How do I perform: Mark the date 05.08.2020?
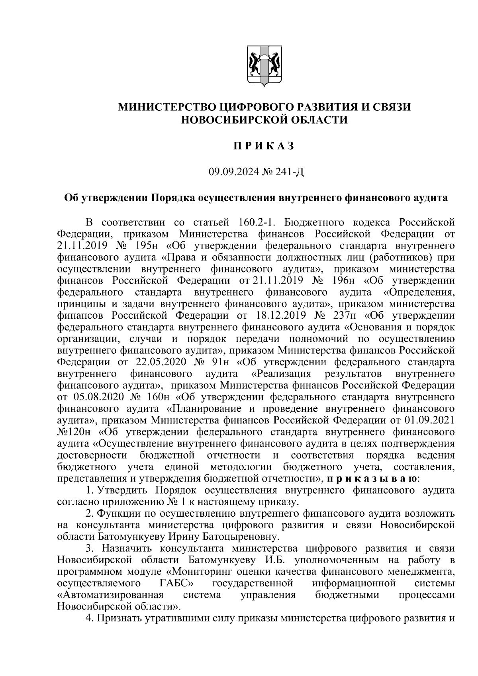click(98, 397)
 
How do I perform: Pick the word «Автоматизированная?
click(111, 595)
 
